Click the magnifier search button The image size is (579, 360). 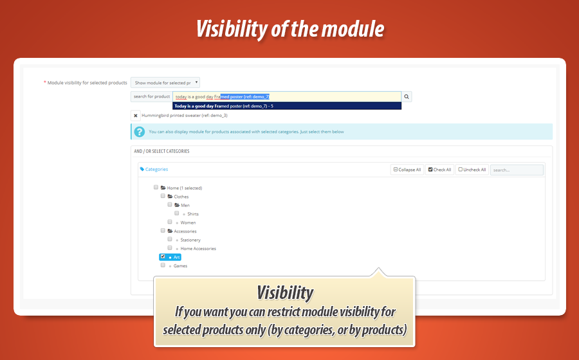[407, 96]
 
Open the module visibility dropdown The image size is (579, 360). [165, 83]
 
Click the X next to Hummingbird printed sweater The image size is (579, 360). [136, 116]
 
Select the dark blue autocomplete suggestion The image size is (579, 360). [287, 106]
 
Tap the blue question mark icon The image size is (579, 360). [139, 132]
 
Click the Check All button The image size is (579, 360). [439, 170]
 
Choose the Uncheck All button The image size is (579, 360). [472, 170]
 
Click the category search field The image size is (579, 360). [517, 170]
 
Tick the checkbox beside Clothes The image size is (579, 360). [163, 196]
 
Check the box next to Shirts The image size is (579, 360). [177, 213]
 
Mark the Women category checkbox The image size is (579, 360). [170, 222]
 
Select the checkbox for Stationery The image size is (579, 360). [170, 239]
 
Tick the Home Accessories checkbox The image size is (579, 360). [170, 248]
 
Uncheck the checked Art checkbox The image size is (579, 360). [163, 256]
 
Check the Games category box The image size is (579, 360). [163, 265]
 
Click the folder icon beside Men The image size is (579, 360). [177, 205]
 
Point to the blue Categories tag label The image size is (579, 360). [154, 169]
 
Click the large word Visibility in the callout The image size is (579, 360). [285, 293]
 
